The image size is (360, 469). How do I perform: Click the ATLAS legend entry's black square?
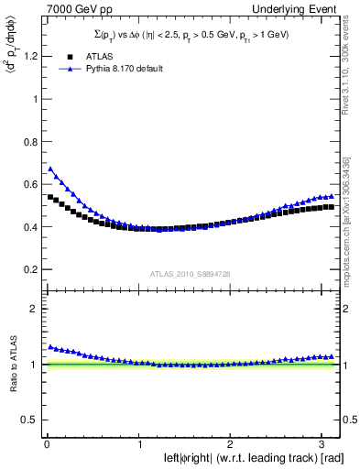click(x=65, y=55)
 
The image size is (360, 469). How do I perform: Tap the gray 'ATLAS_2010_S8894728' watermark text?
click(x=190, y=274)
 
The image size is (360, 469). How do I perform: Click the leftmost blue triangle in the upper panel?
click(x=50, y=169)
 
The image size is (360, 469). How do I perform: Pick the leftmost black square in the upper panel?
click(x=50, y=197)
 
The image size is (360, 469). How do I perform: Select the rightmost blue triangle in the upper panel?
click(x=330, y=196)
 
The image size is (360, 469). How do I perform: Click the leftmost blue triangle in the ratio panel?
click(x=50, y=346)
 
